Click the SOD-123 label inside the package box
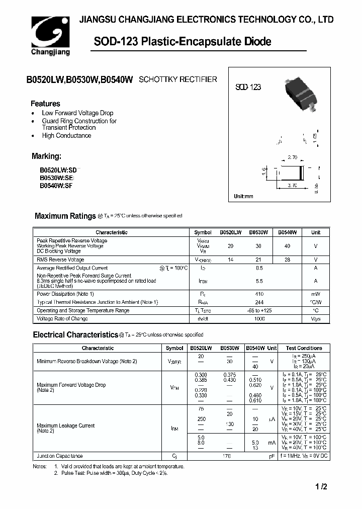tap(248, 87)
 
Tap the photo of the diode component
tap(301, 94)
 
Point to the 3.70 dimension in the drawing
tap(292, 185)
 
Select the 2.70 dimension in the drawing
tap(293, 157)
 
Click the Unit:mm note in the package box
tap(244, 196)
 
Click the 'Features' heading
tap(46, 104)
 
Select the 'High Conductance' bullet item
tap(66, 136)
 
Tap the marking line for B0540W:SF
tap(56, 185)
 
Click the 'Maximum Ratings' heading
tap(65, 216)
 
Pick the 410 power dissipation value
tap(258, 294)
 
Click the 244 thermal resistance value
tap(258, 302)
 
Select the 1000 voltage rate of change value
tap(258, 318)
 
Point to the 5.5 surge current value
tap(258, 281)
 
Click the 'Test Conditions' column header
tap(304, 348)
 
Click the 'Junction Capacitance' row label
tap(59, 456)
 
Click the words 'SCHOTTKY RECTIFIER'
tap(177, 79)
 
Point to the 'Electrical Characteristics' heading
tap(75, 334)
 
